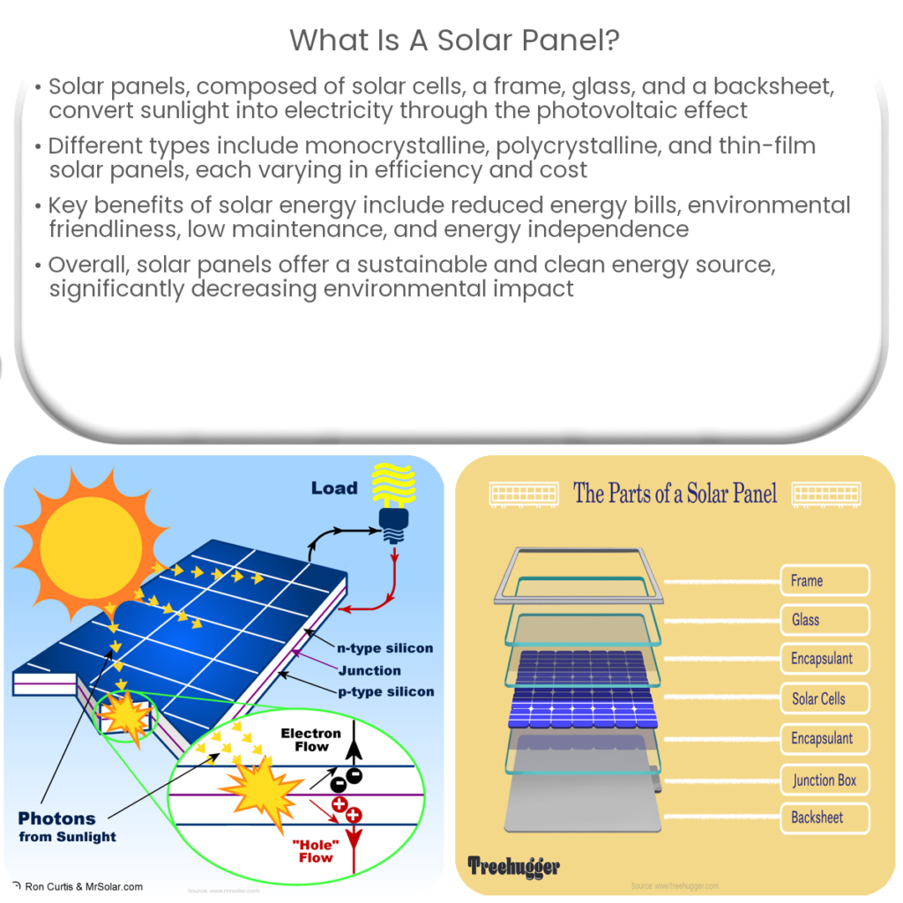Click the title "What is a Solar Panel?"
[x=451, y=39]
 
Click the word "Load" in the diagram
[x=334, y=488]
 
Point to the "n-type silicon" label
[x=386, y=648]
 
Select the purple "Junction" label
[x=369, y=670]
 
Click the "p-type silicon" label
[x=386, y=691]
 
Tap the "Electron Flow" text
[x=310, y=740]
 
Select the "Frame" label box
[x=825, y=580]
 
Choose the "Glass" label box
[x=825, y=620]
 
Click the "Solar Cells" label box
[x=825, y=698]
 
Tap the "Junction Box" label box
[x=825, y=780]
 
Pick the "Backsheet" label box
[x=825, y=817]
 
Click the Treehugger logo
[x=513, y=866]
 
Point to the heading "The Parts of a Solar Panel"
[x=675, y=493]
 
